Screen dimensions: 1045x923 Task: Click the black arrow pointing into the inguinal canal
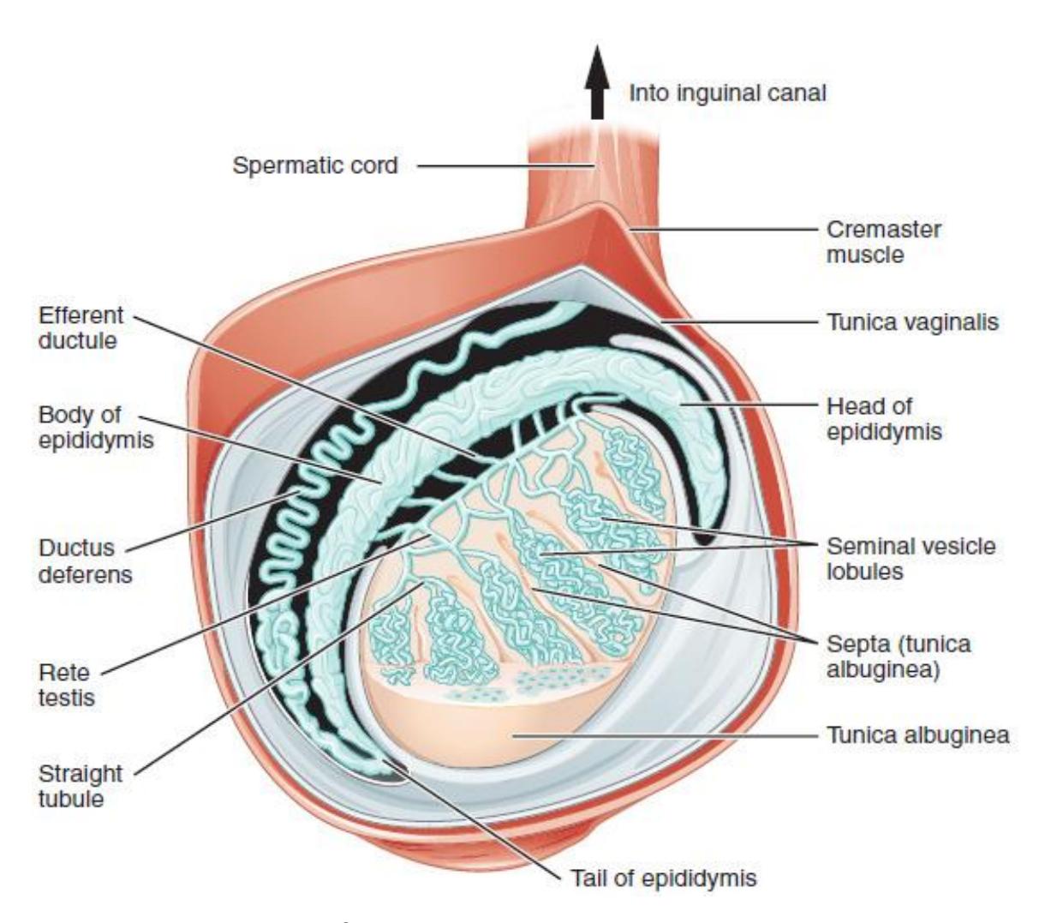[597, 82]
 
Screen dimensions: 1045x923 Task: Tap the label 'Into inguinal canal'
[727, 93]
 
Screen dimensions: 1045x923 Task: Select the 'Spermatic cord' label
[315, 166]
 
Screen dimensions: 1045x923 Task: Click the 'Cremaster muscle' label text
[884, 243]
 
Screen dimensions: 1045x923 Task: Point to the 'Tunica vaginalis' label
[913, 322]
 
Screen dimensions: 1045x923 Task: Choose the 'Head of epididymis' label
[884, 419]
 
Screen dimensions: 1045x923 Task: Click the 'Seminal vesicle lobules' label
[911, 559]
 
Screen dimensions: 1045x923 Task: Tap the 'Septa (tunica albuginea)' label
[899, 656]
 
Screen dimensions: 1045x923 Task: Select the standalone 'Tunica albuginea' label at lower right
[918, 735]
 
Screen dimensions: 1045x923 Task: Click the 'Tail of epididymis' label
[663, 878]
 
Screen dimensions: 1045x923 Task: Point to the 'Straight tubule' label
[80, 786]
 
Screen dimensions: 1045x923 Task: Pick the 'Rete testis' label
[67, 685]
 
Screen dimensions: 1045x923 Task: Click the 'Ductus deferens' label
[85, 561]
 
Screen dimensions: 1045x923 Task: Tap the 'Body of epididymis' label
[96, 428]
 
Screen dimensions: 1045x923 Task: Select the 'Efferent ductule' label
[81, 327]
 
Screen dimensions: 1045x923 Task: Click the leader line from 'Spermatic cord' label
[505, 166]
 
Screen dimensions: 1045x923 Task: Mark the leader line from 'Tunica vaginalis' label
[740, 322]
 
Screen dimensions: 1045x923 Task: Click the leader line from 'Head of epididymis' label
[749, 405]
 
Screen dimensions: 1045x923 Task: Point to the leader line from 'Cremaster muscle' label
[724, 229]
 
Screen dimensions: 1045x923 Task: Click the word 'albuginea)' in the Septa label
[883, 669]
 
